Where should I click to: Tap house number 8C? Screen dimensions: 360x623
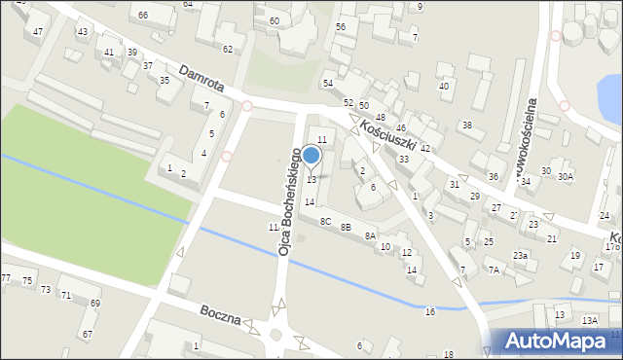[326, 222]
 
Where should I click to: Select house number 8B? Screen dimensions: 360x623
[347, 228]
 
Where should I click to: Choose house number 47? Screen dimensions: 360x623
[38, 32]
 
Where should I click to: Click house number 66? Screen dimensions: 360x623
[143, 15]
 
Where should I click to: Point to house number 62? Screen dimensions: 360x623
[228, 49]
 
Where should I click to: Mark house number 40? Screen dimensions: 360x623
[444, 87]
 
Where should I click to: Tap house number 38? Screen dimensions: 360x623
[467, 125]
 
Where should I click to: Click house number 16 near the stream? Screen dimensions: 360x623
[429, 311]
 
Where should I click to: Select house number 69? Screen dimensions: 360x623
[94, 304]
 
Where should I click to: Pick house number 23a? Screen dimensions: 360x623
[521, 255]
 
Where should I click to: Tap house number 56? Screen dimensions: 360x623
[341, 26]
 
